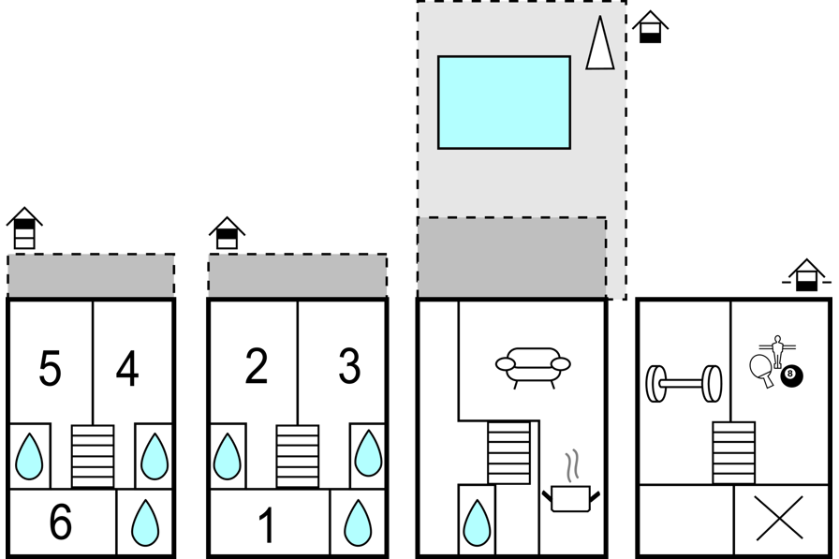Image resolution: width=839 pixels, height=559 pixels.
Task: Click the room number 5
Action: click(x=51, y=369)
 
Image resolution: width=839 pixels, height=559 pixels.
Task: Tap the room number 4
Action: click(x=127, y=369)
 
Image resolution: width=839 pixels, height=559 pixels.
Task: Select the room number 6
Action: click(x=60, y=523)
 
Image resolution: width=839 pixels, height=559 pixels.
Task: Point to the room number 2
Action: click(x=257, y=367)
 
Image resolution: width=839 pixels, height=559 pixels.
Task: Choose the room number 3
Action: click(x=349, y=367)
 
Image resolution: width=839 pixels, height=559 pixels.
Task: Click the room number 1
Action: click(x=267, y=526)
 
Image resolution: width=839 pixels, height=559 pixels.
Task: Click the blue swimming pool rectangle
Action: click(x=504, y=102)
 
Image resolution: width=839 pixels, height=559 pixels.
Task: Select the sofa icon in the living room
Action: click(x=532, y=369)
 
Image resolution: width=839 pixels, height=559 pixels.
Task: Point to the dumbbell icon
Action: click(x=684, y=383)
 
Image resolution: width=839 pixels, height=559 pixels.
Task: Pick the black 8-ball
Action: click(x=791, y=376)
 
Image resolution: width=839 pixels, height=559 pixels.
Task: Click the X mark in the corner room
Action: click(x=780, y=518)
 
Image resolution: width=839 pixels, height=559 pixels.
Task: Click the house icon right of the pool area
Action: click(x=650, y=27)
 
